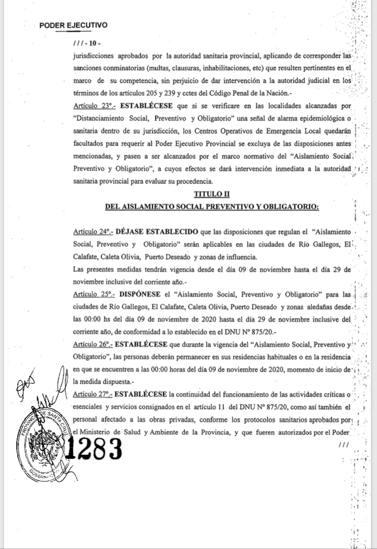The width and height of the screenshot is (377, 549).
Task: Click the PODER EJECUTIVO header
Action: point(73,24)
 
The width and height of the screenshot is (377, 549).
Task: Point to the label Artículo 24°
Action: point(92,232)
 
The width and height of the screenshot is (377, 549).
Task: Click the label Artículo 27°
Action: point(92,393)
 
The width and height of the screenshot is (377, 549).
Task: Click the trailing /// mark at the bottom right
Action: point(344,445)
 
